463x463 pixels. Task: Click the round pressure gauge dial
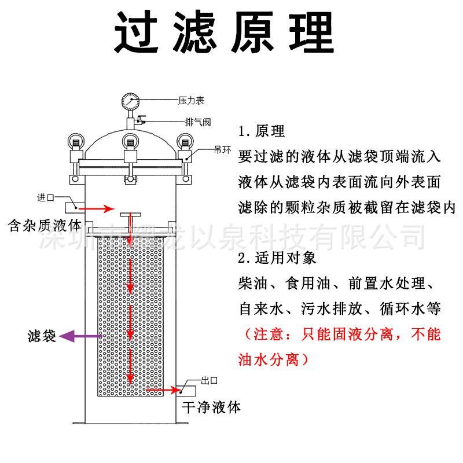point(130,102)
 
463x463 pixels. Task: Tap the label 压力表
point(191,101)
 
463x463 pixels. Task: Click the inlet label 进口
point(46,197)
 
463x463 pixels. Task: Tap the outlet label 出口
point(208,380)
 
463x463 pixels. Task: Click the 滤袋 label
point(42,336)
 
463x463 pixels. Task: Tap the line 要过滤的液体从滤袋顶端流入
point(339,156)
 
